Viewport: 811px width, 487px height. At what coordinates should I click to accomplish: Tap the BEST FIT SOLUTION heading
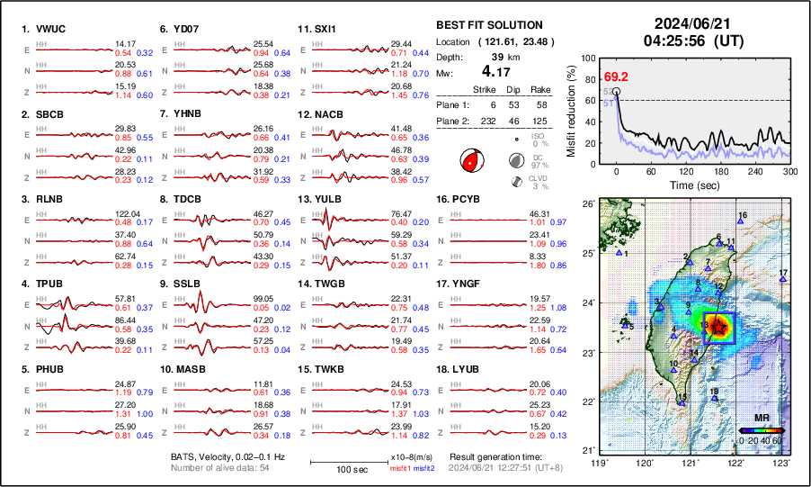(488, 25)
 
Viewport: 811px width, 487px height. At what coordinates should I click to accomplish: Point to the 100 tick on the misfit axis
(588, 59)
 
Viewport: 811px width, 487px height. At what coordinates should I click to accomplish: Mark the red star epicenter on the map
(720, 328)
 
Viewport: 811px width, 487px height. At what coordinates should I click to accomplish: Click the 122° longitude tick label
(735, 463)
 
